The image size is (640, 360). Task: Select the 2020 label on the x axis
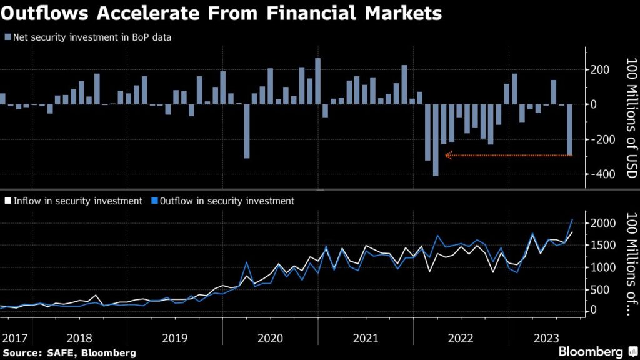coord(270,338)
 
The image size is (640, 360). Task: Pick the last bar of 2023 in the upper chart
coord(569,130)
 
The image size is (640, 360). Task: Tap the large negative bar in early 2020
coord(247,131)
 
